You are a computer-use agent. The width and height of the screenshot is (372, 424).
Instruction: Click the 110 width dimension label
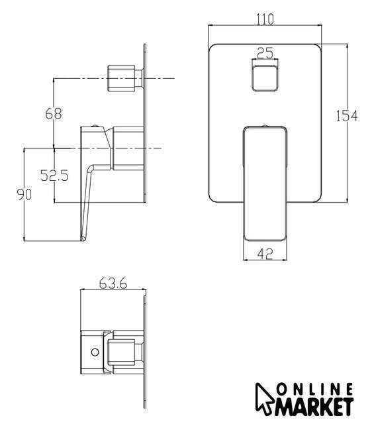point(265,19)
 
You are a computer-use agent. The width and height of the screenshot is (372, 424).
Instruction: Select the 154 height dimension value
point(347,116)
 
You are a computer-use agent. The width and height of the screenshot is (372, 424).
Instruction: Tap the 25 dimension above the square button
point(265,53)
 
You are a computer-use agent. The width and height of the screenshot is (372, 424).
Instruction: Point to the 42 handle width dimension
point(265,254)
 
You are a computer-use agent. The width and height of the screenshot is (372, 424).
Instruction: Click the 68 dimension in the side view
point(54,113)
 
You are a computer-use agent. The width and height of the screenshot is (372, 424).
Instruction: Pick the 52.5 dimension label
point(54,175)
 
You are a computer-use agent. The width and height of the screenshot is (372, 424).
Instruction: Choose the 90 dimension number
point(24,194)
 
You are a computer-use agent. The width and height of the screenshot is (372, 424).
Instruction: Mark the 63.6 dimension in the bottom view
point(113,284)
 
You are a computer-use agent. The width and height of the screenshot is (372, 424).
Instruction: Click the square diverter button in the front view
point(265,78)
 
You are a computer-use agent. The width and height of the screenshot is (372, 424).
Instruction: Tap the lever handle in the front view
point(265,184)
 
